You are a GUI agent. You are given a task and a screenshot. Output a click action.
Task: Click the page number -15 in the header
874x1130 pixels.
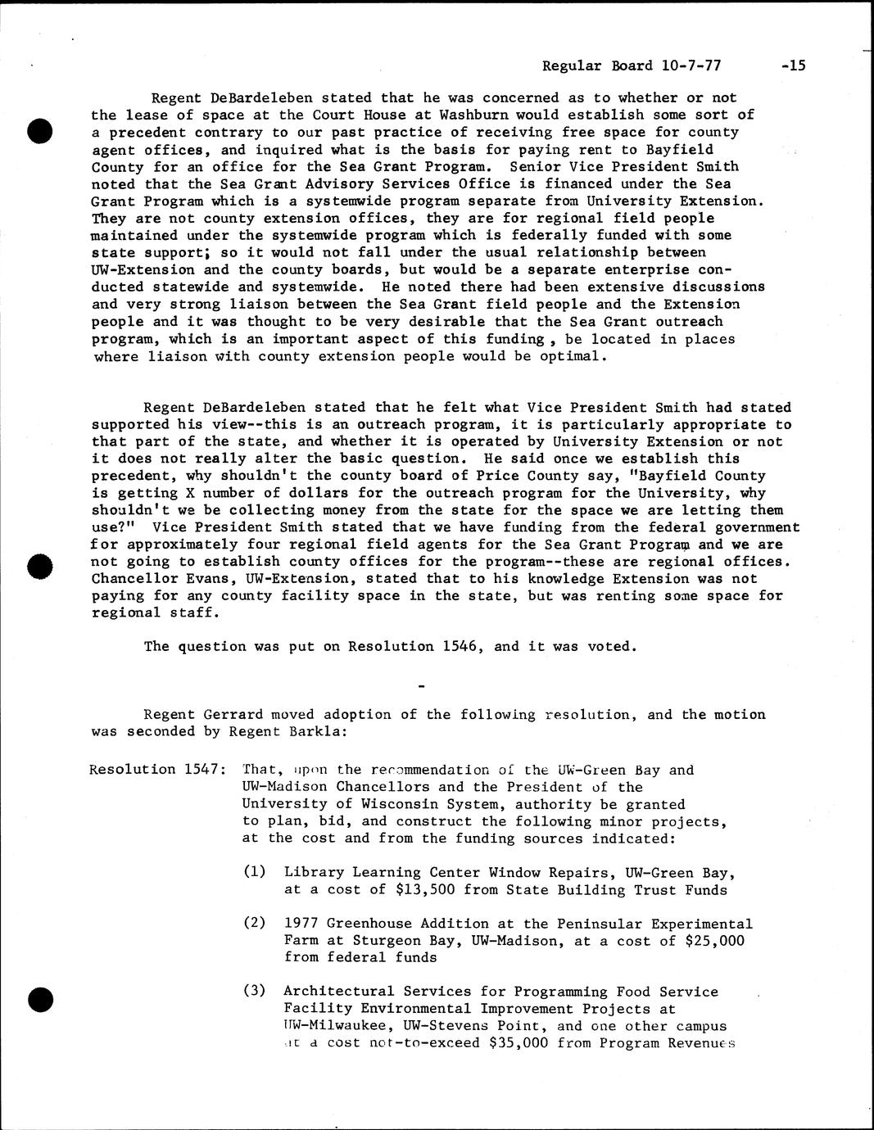click(x=793, y=66)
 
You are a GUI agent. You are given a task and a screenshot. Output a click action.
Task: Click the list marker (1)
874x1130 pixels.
click(x=255, y=872)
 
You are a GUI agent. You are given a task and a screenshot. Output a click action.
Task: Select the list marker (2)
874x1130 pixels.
click(x=255, y=923)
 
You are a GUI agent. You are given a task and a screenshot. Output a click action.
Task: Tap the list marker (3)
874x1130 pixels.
click(x=255, y=991)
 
